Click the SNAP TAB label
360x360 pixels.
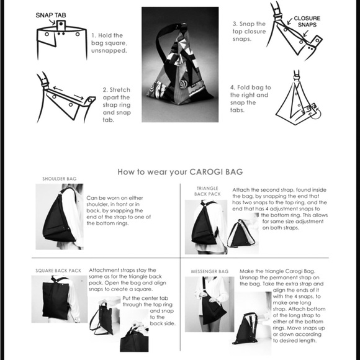click(51, 15)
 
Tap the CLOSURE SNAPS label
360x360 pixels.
click(307, 21)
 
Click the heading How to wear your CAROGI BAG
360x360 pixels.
click(180, 172)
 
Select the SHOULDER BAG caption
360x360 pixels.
click(60, 179)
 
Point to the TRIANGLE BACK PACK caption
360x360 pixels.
click(207, 191)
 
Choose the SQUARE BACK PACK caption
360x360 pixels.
click(58, 271)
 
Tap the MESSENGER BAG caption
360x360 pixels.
click(210, 272)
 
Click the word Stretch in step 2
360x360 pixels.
click(120, 90)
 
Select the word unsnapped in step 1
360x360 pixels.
click(109, 50)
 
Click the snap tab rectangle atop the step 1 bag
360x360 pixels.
click(61, 25)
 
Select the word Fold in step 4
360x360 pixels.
click(243, 88)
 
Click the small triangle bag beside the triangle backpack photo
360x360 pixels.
click(240, 233)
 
